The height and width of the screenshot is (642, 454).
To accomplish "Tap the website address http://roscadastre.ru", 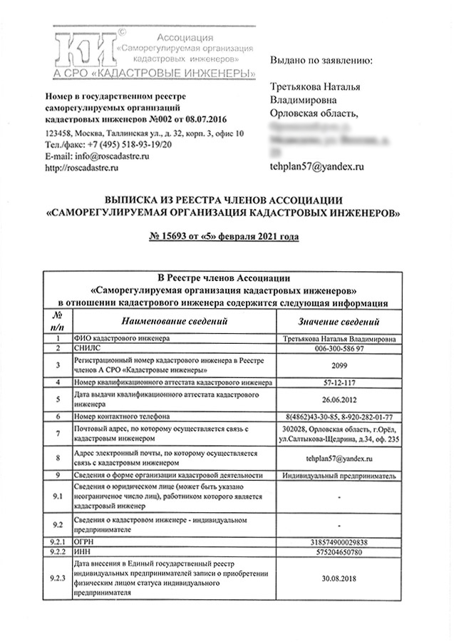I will (81, 167).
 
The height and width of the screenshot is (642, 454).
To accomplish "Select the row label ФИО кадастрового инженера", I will (115, 338).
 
